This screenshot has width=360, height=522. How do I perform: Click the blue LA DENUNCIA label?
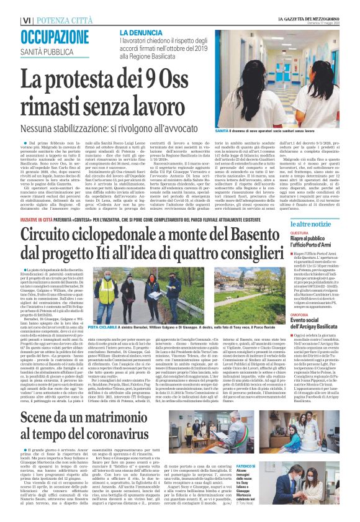point(138,32)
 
